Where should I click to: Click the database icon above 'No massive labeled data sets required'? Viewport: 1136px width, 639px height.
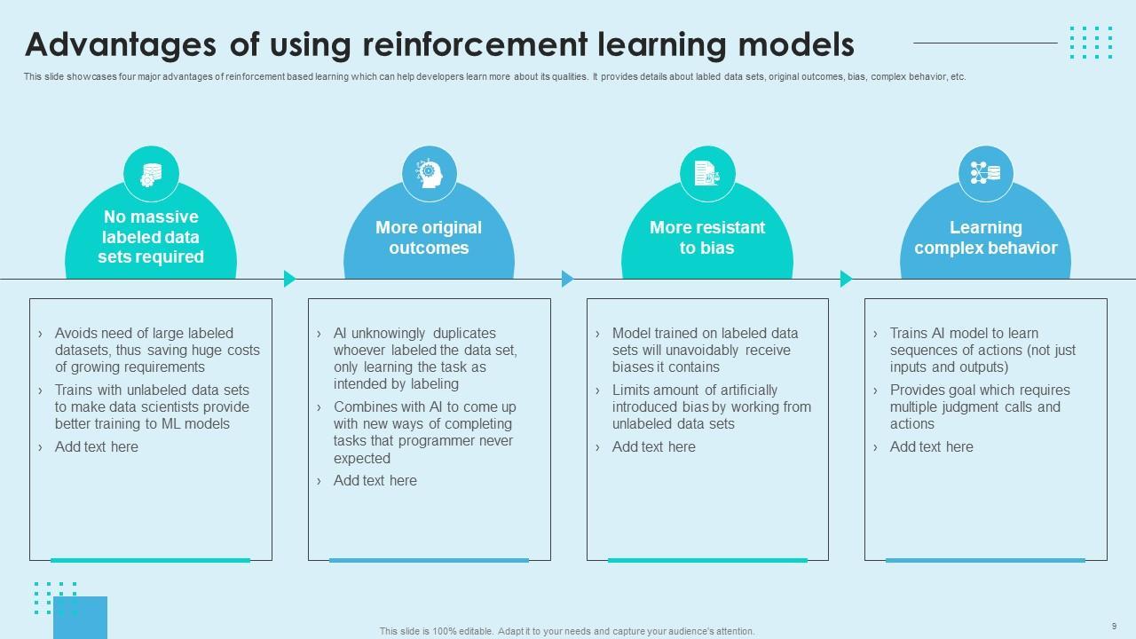click(x=151, y=174)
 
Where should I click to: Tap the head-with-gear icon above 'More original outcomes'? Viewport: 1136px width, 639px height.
click(x=430, y=174)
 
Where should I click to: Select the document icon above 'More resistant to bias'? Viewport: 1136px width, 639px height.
click(x=707, y=174)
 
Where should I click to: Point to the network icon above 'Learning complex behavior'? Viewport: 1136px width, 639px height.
click(x=986, y=174)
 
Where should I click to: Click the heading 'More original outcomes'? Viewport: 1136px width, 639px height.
click(x=429, y=238)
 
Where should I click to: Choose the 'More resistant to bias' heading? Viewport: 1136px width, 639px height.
click(x=707, y=238)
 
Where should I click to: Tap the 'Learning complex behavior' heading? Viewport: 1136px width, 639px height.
click(x=986, y=238)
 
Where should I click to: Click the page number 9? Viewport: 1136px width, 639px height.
click(x=1114, y=626)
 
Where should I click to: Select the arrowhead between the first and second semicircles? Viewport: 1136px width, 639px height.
click(x=289, y=279)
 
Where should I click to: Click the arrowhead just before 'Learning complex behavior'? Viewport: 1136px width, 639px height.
click(x=846, y=279)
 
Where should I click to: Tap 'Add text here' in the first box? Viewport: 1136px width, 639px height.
click(x=97, y=447)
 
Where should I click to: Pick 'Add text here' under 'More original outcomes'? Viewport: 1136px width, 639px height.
click(x=375, y=481)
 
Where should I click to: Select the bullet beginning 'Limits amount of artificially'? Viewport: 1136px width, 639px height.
click(x=711, y=407)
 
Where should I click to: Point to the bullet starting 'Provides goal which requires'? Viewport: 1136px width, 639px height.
click(x=980, y=407)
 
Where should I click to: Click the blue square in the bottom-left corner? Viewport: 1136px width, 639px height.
click(x=80, y=618)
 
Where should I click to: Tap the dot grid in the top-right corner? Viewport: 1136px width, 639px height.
click(x=1091, y=42)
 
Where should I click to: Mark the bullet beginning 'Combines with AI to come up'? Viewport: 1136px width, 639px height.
click(x=424, y=433)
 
